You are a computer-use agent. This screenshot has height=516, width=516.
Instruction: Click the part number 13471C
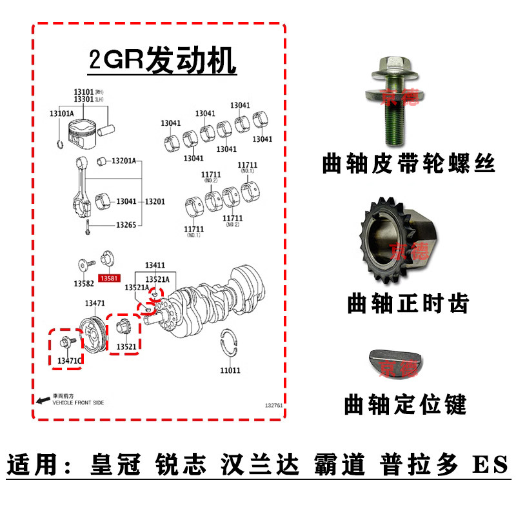pos(70,359)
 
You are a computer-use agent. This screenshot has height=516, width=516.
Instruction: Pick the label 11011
pos(230,370)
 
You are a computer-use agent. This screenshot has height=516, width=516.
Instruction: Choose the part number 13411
pos(155,265)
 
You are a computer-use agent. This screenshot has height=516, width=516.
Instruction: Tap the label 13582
pos(83,283)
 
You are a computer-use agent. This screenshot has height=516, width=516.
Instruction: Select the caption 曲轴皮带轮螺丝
pos(408,165)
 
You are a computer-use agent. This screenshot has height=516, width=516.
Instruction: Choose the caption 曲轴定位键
pos(405,405)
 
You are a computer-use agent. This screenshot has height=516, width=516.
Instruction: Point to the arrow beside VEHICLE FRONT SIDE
pos(43,400)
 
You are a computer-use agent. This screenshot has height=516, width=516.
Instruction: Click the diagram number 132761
pos(274,406)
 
